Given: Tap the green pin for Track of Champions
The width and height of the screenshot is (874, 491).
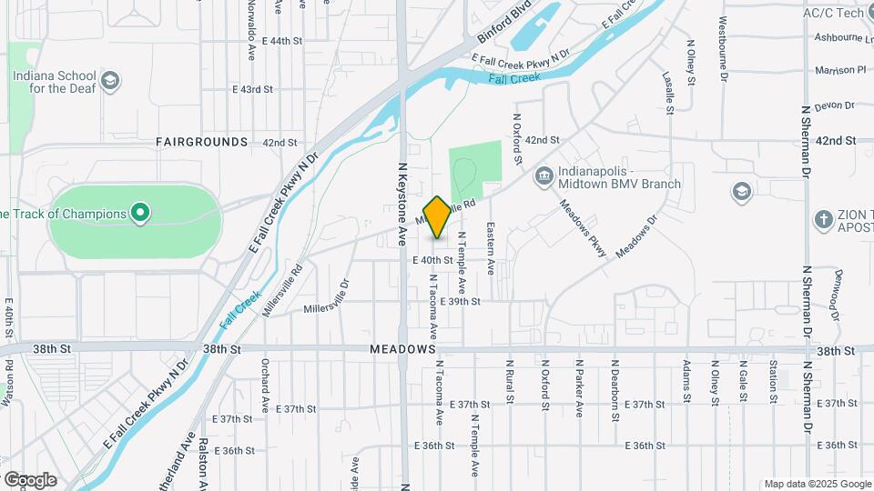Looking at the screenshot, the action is tap(140, 214).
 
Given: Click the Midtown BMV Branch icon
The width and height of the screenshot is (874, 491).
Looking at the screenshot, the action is tap(544, 175).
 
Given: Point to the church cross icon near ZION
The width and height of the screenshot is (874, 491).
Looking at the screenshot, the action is tap(824, 219).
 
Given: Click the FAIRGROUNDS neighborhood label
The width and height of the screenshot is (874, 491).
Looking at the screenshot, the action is tap(201, 143).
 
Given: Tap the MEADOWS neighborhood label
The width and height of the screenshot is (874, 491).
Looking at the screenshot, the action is tap(403, 350).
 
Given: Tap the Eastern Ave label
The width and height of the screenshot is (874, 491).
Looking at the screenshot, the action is tap(490, 248).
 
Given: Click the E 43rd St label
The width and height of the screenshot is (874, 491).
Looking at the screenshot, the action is tap(252, 89).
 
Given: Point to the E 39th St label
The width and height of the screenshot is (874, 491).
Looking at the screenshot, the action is tap(460, 301).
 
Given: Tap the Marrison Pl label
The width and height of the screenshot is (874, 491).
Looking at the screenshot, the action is tap(840, 70).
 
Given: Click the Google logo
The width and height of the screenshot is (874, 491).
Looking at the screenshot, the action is tap(30, 480).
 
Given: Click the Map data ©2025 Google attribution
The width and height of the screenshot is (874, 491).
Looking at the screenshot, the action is tap(817, 484).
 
